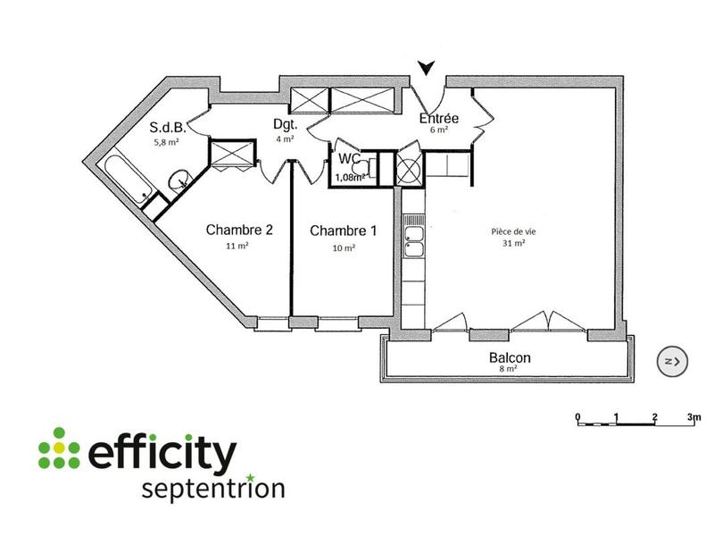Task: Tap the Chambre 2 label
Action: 239,230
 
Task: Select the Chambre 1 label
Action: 343,230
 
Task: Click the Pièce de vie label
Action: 513,230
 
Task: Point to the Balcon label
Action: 510,358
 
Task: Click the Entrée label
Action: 439,118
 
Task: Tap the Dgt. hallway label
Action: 284,125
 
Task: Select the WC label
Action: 349,159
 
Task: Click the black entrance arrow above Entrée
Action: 428,67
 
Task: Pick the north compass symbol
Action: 673,361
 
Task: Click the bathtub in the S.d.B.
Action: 126,178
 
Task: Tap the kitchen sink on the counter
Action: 414,241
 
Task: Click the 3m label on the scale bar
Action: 693,417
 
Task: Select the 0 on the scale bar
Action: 577,417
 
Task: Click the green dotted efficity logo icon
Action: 59,448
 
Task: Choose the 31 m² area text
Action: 513,243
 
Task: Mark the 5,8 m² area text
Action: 168,141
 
